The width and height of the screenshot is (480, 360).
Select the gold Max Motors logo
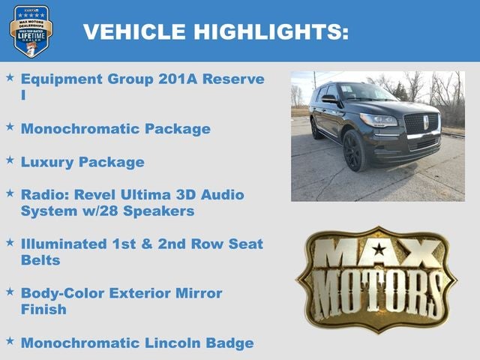(x=376, y=280)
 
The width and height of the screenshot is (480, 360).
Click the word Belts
(x=40, y=260)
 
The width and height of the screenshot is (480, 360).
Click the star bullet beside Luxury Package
(x=10, y=160)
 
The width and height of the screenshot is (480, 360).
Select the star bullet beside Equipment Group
(x=10, y=77)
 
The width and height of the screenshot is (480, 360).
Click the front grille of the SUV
(x=420, y=123)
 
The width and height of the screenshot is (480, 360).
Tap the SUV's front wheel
(x=353, y=151)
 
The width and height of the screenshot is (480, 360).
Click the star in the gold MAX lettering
(x=379, y=250)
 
